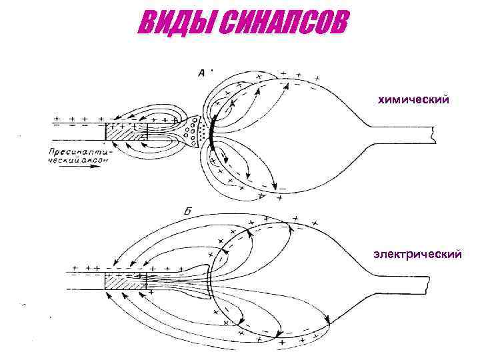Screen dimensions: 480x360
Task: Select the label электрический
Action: [415, 254]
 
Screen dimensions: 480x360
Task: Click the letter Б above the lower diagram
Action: [188, 211]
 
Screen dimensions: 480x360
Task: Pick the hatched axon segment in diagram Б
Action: [127, 281]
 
